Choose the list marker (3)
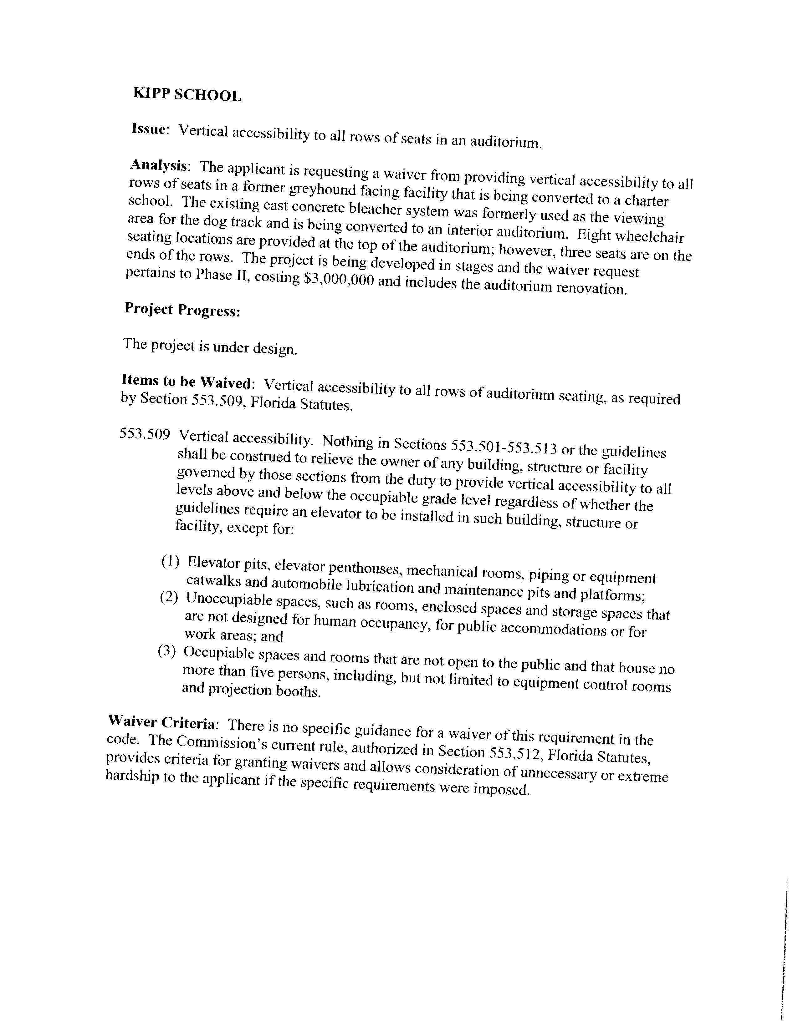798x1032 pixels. [167, 651]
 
